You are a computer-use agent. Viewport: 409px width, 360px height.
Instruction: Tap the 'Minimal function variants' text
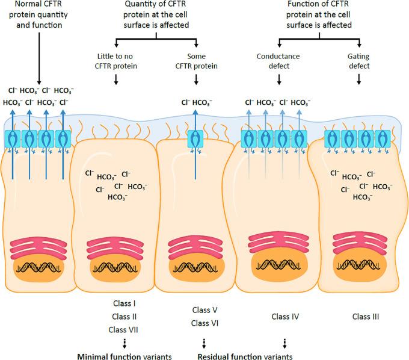coord(125,355)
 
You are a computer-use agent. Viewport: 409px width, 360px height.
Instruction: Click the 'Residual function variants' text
coord(245,355)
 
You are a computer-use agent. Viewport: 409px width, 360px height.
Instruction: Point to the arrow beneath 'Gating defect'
coord(358,79)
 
